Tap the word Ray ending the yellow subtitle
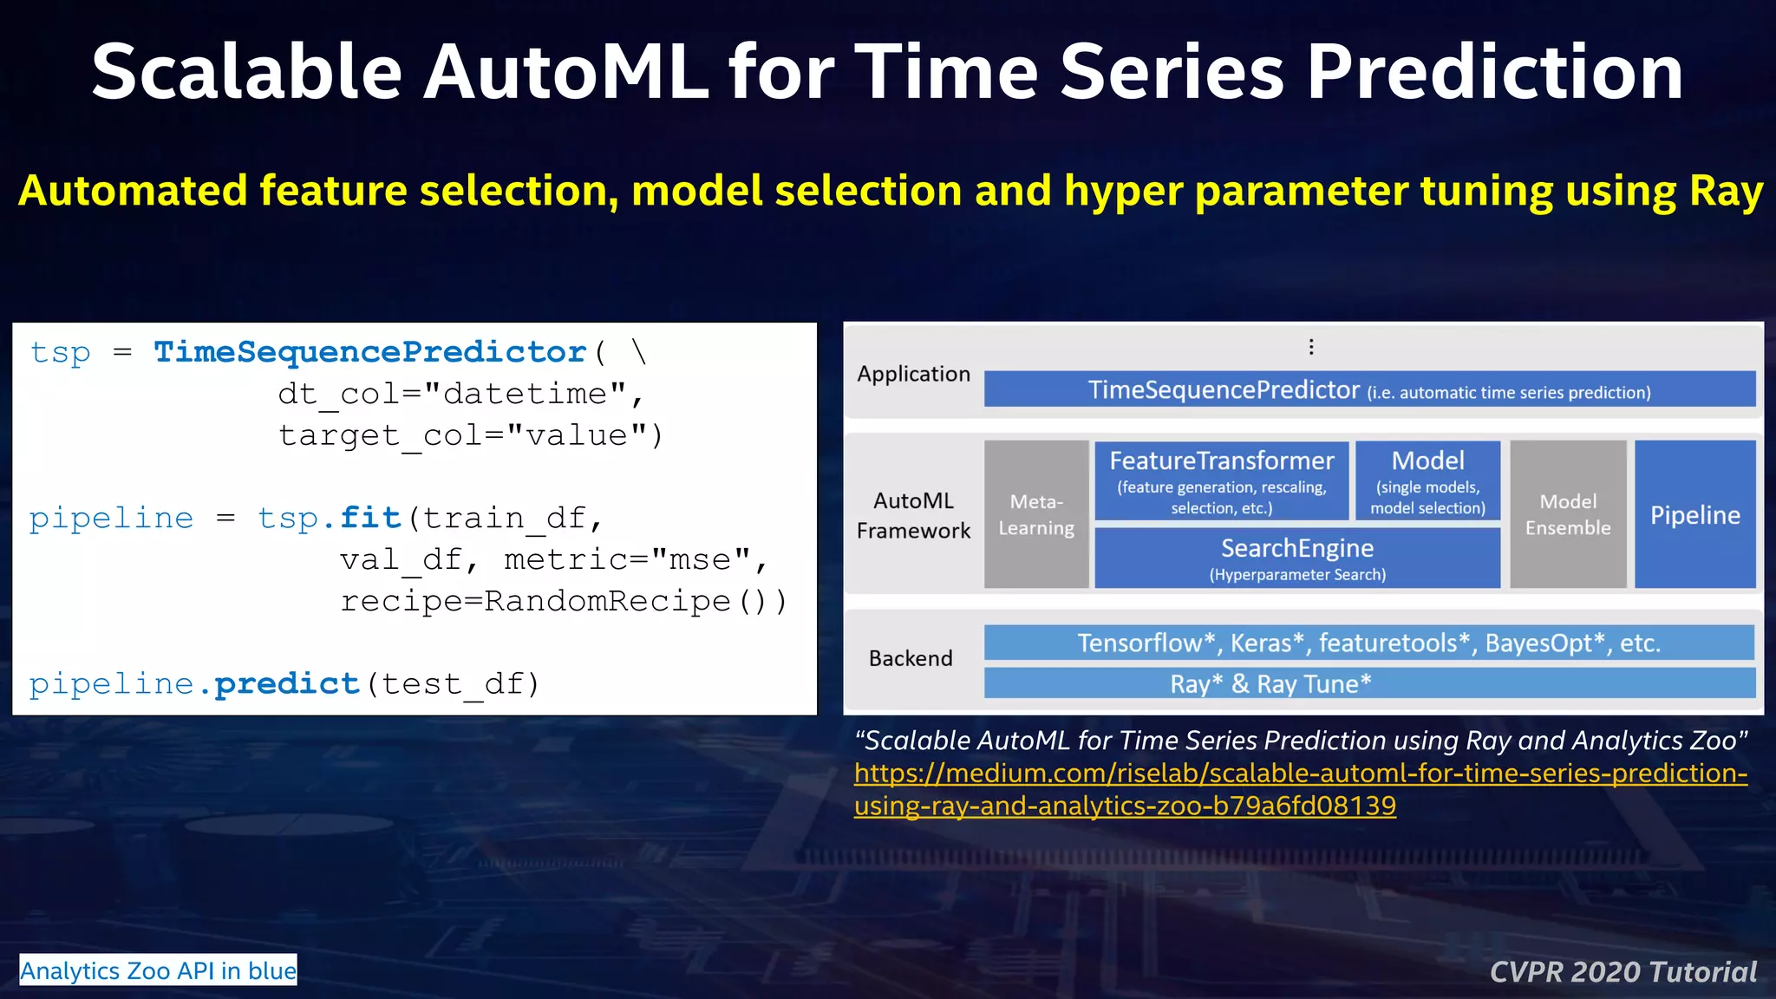(x=1726, y=192)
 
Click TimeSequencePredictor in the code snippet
(x=370, y=352)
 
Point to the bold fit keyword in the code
(x=370, y=518)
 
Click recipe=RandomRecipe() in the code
(x=563, y=601)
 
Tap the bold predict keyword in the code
(x=287, y=684)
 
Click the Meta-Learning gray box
(x=1035, y=514)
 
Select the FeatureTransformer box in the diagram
(x=1221, y=480)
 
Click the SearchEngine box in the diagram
(x=1296, y=558)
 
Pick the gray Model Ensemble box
(x=1567, y=514)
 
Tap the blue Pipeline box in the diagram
(x=1694, y=514)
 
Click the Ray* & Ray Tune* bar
(x=1368, y=683)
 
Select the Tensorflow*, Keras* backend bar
(x=1368, y=643)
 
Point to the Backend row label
(x=911, y=659)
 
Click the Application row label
(x=913, y=375)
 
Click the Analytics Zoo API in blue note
(x=159, y=970)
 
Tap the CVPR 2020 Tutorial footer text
(x=1623, y=972)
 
